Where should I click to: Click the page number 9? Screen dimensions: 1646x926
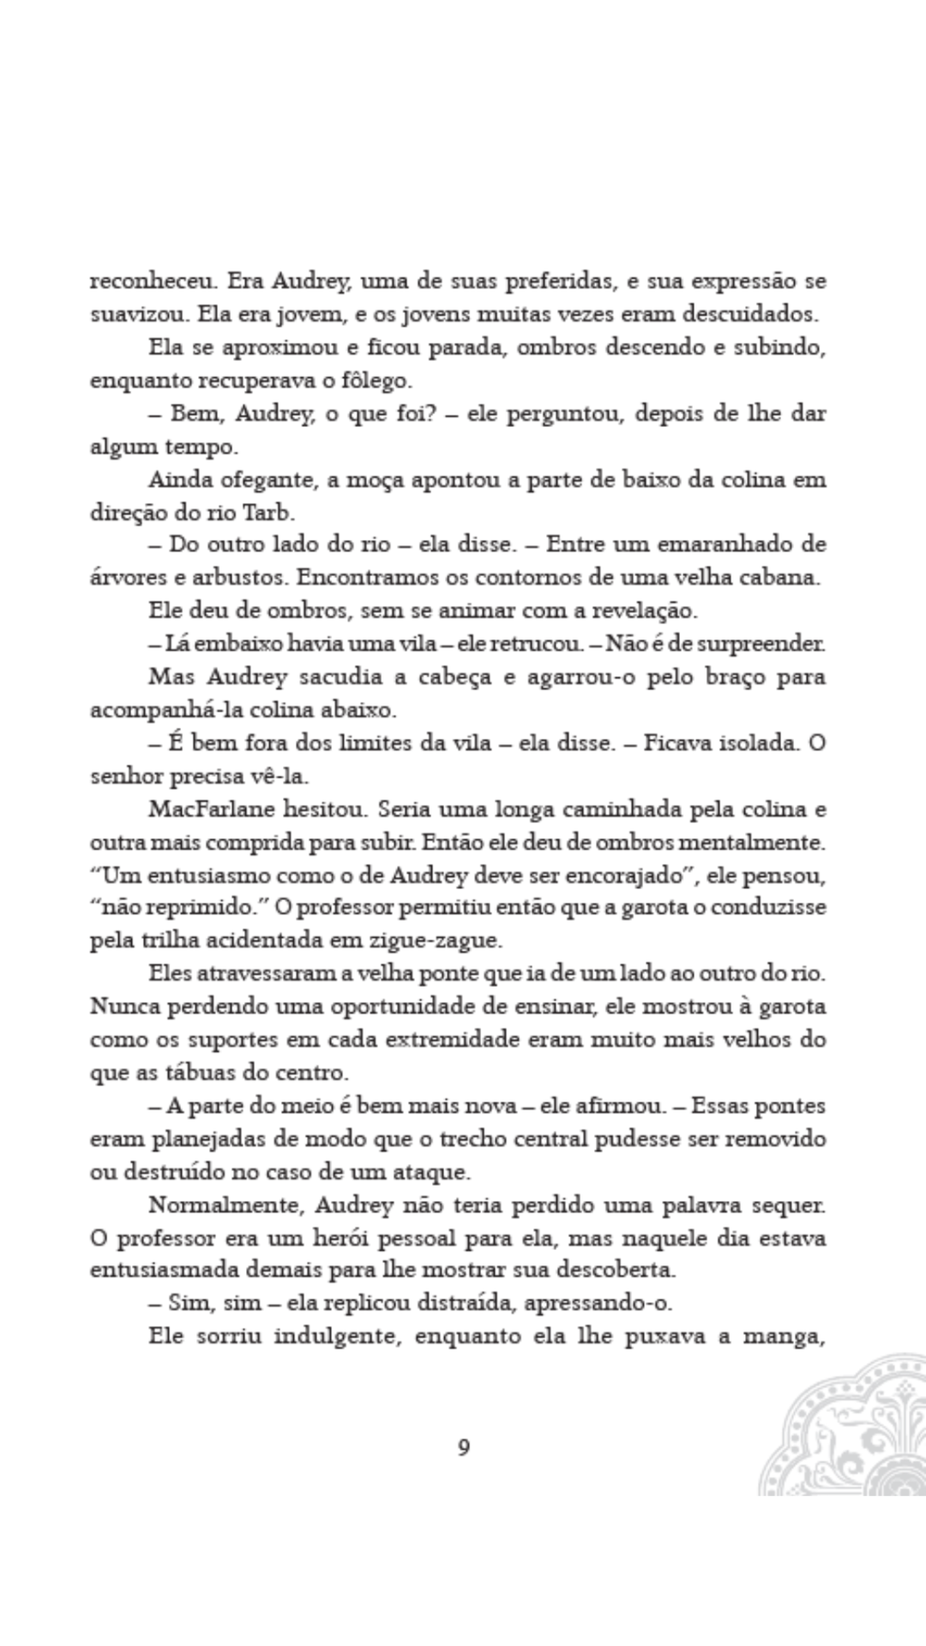click(x=464, y=1447)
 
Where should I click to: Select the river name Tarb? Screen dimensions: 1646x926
click(x=269, y=513)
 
